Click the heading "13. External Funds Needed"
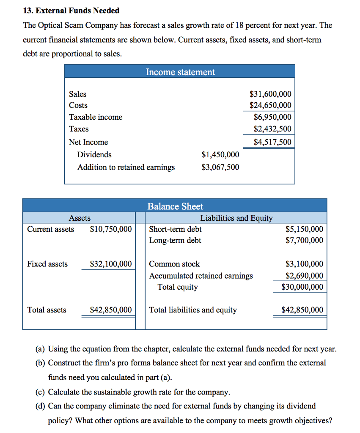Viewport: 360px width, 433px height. tap(71, 11)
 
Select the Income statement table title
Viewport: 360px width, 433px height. tap(180, 72)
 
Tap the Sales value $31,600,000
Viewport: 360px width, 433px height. tap(270, 94)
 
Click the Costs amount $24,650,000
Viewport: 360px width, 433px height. tap(270, 105)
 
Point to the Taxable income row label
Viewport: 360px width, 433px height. tap(96, 117)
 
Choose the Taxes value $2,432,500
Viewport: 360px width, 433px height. tap(272, 129)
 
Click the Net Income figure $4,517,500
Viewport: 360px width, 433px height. tap(272, 142)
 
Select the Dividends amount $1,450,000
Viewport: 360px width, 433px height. tap(220, 155)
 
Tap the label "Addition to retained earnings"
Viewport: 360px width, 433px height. tap(126, 167)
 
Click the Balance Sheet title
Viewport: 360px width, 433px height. tap(175, 206)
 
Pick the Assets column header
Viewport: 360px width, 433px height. tap(80, 218)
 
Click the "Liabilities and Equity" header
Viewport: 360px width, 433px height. tap(236, 218)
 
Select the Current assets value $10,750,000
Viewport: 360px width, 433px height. tap(111, 229)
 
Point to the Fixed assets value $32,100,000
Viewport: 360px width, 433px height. tap(111, 264)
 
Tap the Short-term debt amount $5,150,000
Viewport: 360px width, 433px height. tap(304, 229)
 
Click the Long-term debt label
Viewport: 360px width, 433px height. tap(175, 241)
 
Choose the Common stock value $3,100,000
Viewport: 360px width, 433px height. tap(304, 264)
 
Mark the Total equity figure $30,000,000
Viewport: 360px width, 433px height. tap(302, 287)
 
